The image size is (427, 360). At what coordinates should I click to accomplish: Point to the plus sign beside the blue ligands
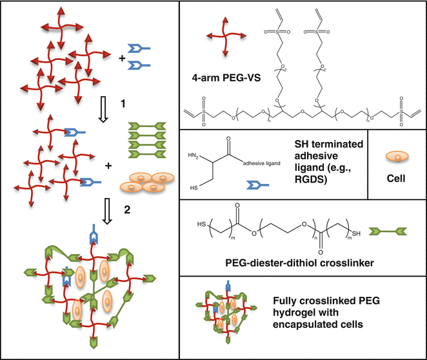(123, 59)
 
